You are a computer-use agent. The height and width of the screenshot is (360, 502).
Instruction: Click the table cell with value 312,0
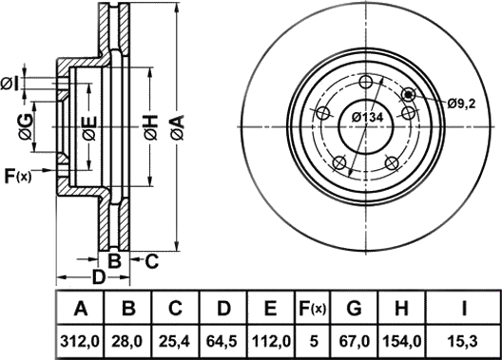pyautogui.click(x=80, y=342)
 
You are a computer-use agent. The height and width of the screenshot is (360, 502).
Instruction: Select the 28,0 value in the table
pyautogui.click(x=127, y=342)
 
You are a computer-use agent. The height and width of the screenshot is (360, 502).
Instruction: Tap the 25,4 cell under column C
pyautogui.click(x=175, y=342)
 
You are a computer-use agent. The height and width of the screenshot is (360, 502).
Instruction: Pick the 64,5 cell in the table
pyautogui.click(x=222, y=342)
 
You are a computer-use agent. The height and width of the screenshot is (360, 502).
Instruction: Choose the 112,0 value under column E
pyautogui.click(x=271, y=342)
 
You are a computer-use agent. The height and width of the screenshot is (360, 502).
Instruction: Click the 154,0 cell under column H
pyautogui.click(x=401, y=342)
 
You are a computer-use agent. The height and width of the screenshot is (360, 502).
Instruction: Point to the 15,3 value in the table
pyautogui.click(x=464, y=342)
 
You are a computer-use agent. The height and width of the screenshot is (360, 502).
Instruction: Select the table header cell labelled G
pyautogui.click(x=354, y=308)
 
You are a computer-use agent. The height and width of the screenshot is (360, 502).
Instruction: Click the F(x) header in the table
pyautogui.click(x=312, y=308)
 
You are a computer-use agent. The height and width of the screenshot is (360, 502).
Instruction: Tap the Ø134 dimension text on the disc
pyautogui.click(x=367, y=118)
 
